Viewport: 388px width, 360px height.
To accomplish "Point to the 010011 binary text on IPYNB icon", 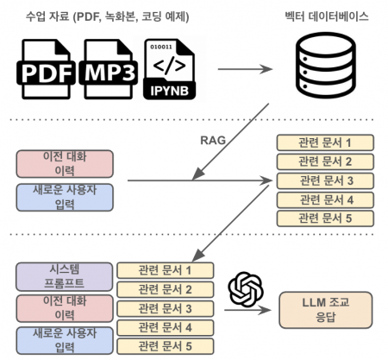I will coord(160,43).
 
